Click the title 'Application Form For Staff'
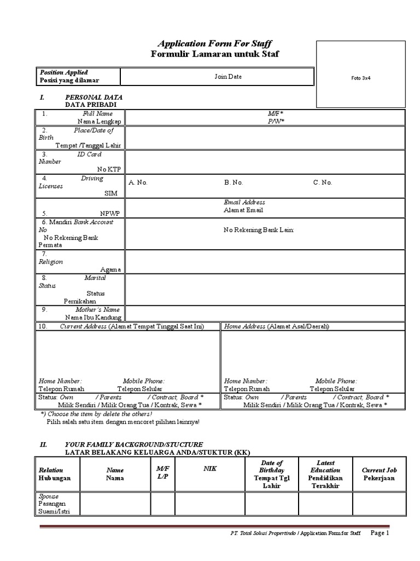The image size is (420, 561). pos(214,43)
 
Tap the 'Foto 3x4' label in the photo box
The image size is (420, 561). pos(361,78)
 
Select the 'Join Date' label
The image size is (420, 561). pos(227,77)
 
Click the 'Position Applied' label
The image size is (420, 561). pos(63,72)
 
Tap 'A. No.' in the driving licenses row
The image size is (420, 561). pos(138,182)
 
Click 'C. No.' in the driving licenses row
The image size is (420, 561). pos(323,182)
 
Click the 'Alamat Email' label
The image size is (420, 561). pos(243,210)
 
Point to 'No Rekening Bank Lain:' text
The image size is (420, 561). pos(259,230)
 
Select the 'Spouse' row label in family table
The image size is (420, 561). pos(49,496)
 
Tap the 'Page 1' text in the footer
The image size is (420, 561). pos(380,533)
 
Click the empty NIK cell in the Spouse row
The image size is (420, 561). pos(209,504)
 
